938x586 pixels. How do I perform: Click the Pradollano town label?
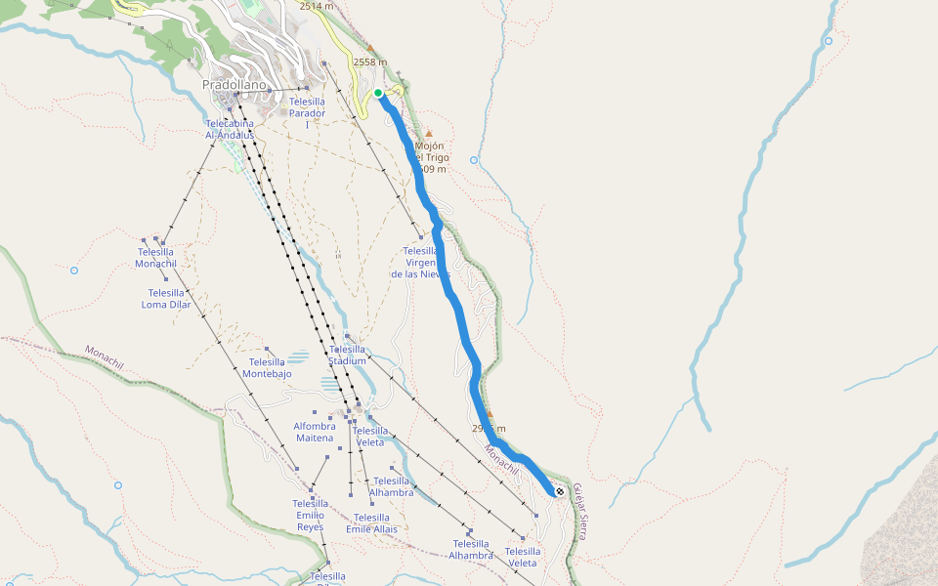pyautogui.click(x=234, y=85)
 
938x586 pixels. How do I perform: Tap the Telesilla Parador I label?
pyautogui.click(x=307, y=112)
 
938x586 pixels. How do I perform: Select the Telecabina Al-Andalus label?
pyautogui.click(x=230, y=129)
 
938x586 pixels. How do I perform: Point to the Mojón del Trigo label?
pyautogui.click(x=430, y=157)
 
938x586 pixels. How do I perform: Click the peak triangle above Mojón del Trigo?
pyautogui.click(x=428, y=133)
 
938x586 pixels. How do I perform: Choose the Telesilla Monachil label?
pyautogui.click(x=155, y=258)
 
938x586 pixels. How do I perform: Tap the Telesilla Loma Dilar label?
pyautogui.click(x=166, y=298)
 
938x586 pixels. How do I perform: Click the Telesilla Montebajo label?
pyautogui.click(x=267, y=368)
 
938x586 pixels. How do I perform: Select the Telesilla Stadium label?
pyautogui.click(x=347, y=355)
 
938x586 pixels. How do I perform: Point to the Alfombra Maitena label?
pyautogui.click(x=315, y=432)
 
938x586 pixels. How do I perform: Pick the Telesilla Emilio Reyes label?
pyautogui.click(x=310, y=515)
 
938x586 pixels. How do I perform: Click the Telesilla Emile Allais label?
pyautogui.click(x=371, y=523)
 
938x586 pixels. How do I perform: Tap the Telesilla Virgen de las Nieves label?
pyautogui.click(x=421, y=263)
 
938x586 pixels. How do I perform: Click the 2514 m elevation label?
pyautogui.click(x=317, y=6)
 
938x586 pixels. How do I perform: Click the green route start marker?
pyautogui.click(x=378, y=93)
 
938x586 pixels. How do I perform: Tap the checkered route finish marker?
pyautogui.click(x=559, y=491)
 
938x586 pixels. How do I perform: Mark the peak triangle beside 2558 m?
pyautogui.click(x=370, y=48)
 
